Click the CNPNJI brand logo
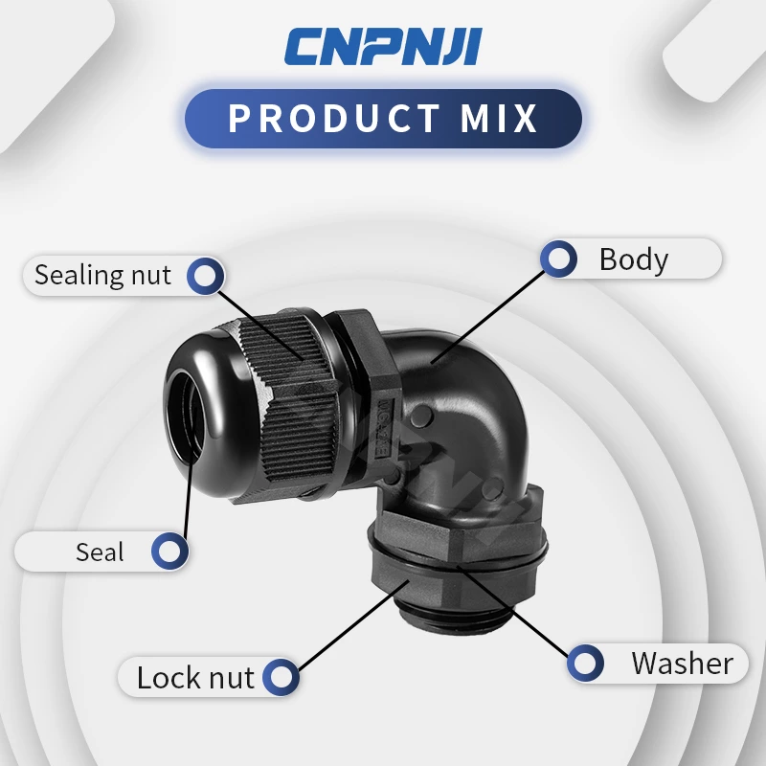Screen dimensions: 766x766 [x=383, y=47]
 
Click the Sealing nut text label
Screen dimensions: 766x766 [x=102, y=276]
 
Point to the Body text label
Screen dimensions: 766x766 [x=633, y=259]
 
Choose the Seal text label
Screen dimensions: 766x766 [x=100, y=552]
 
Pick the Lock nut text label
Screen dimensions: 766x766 [x=195, y=678]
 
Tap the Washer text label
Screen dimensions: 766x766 [x=682, y=663]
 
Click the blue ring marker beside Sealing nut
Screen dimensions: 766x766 [x=204, y=276]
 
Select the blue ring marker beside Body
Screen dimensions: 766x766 [x=558, y=259]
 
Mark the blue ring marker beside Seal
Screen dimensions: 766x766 [x=169, y=552]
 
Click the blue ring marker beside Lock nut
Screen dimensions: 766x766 [x=281, y=678]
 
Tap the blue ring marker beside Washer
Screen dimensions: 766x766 [x=585, y=663]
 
